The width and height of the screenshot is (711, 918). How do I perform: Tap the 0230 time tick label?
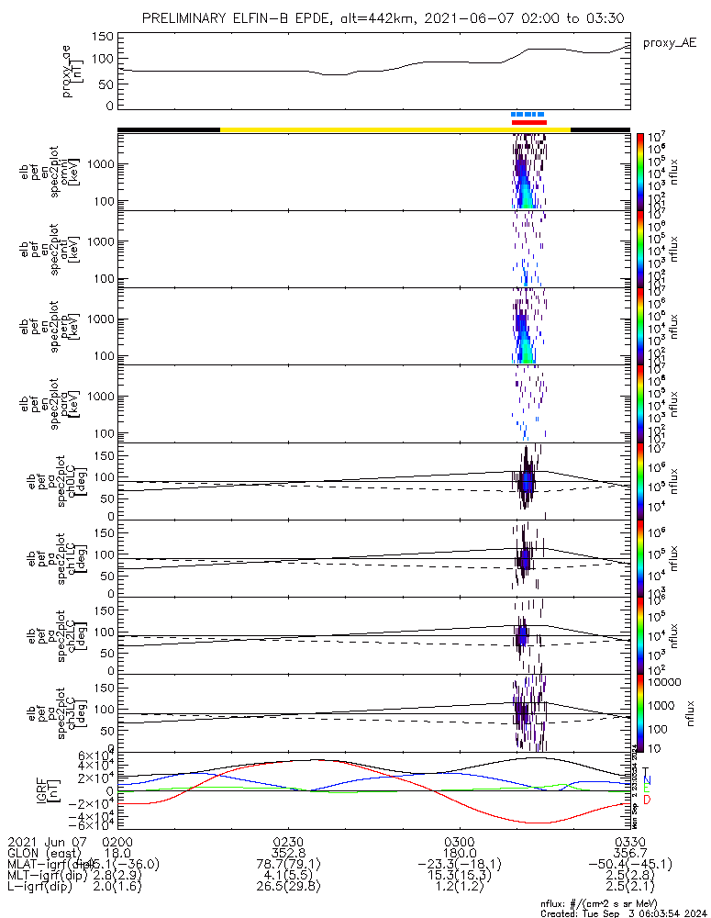tap(288, 842)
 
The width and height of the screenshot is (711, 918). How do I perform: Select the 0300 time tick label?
tap(460, 842)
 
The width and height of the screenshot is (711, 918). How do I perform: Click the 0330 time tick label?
tap(630, 842)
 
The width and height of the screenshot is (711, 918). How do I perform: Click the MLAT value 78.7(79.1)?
tap(288, 864)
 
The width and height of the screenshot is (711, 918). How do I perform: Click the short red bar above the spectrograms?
tap(529, 122)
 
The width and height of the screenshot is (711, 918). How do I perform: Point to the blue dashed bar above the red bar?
tap(528, 115)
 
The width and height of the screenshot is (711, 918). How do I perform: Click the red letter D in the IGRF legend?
tap(647, 800)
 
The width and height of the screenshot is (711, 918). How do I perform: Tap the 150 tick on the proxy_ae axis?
tap(103, 36)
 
